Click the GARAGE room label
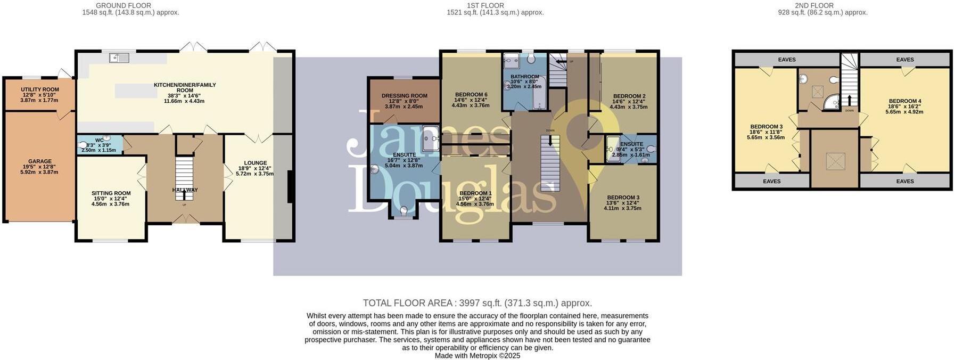[40, 161]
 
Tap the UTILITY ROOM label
[40, 89]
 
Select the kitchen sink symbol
[119, 58]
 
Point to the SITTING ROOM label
[111, 193]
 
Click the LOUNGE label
[255, 163]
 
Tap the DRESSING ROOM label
[404, 96]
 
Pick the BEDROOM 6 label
[471, 95]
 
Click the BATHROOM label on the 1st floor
[524, 77]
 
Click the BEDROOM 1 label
[475, 193]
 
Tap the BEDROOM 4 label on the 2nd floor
[904, 101]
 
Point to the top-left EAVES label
[786, 60]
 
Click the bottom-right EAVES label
[904, 182]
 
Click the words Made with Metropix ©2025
[477, 356]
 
